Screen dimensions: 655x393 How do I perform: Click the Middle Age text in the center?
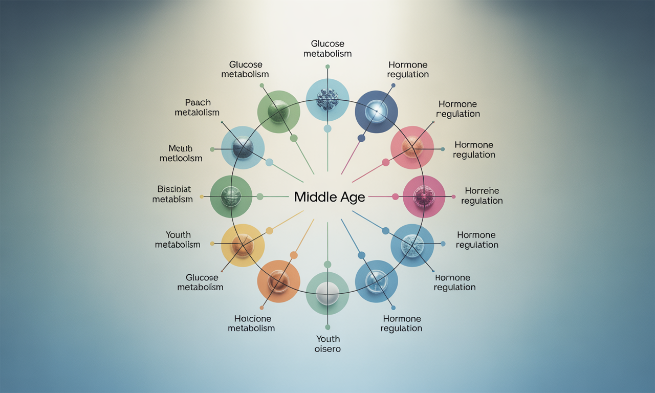tap(330, 198)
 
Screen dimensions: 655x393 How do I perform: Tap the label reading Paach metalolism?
tap(197, 107)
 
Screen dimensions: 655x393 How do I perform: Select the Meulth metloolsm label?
tap(181, 153)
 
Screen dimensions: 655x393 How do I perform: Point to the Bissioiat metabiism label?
tap(172, 194)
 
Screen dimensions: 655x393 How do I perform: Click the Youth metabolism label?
tap(177, 239)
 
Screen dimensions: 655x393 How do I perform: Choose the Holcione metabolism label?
tap(251, 323)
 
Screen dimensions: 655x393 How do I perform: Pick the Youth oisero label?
tap(327, 344)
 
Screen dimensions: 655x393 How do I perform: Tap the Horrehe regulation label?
tap(482, 196)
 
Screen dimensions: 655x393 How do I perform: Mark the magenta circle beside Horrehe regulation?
tap(424, 196)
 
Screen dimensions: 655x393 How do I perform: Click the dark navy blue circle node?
tap(376, 112)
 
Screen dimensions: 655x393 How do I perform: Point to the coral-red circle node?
tap(411, 148)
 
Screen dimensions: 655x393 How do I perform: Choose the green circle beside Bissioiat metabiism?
tap(231, 196)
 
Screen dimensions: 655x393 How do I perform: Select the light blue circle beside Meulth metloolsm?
tap(243, 147)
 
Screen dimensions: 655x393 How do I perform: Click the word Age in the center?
tap(352, 198)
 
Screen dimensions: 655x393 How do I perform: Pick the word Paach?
tap(197, 102)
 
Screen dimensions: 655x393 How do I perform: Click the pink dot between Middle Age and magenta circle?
tap(395, 196)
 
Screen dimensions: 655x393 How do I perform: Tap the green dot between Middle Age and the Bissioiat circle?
tap(260, 196)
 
